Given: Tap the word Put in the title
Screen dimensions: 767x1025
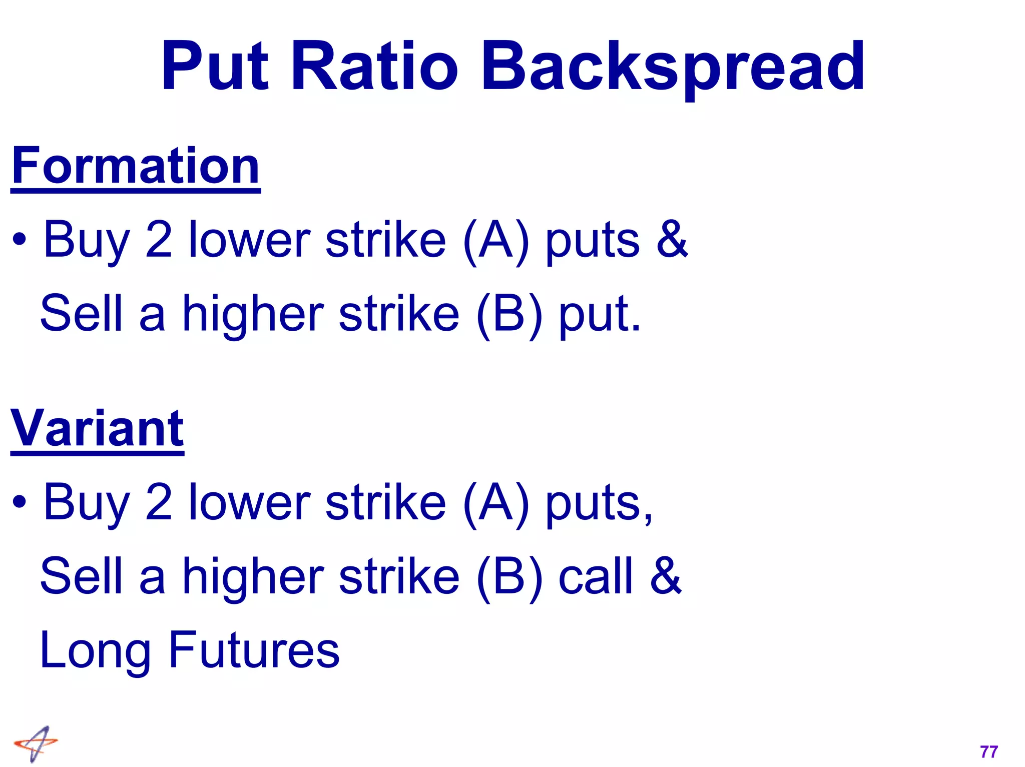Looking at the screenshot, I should coord(215,68).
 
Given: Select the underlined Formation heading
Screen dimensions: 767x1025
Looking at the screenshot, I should coord(136,166).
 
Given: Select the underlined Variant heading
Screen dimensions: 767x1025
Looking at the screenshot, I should coord(98,429).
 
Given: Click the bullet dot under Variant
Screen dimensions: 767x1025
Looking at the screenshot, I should coord(20,502).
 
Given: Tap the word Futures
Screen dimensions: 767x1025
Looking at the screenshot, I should coord(254,650).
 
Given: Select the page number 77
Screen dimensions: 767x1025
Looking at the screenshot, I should coord(989,751).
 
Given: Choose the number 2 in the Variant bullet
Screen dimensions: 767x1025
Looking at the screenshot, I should coord(159,502).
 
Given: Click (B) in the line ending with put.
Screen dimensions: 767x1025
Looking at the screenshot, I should coord(509,314).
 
